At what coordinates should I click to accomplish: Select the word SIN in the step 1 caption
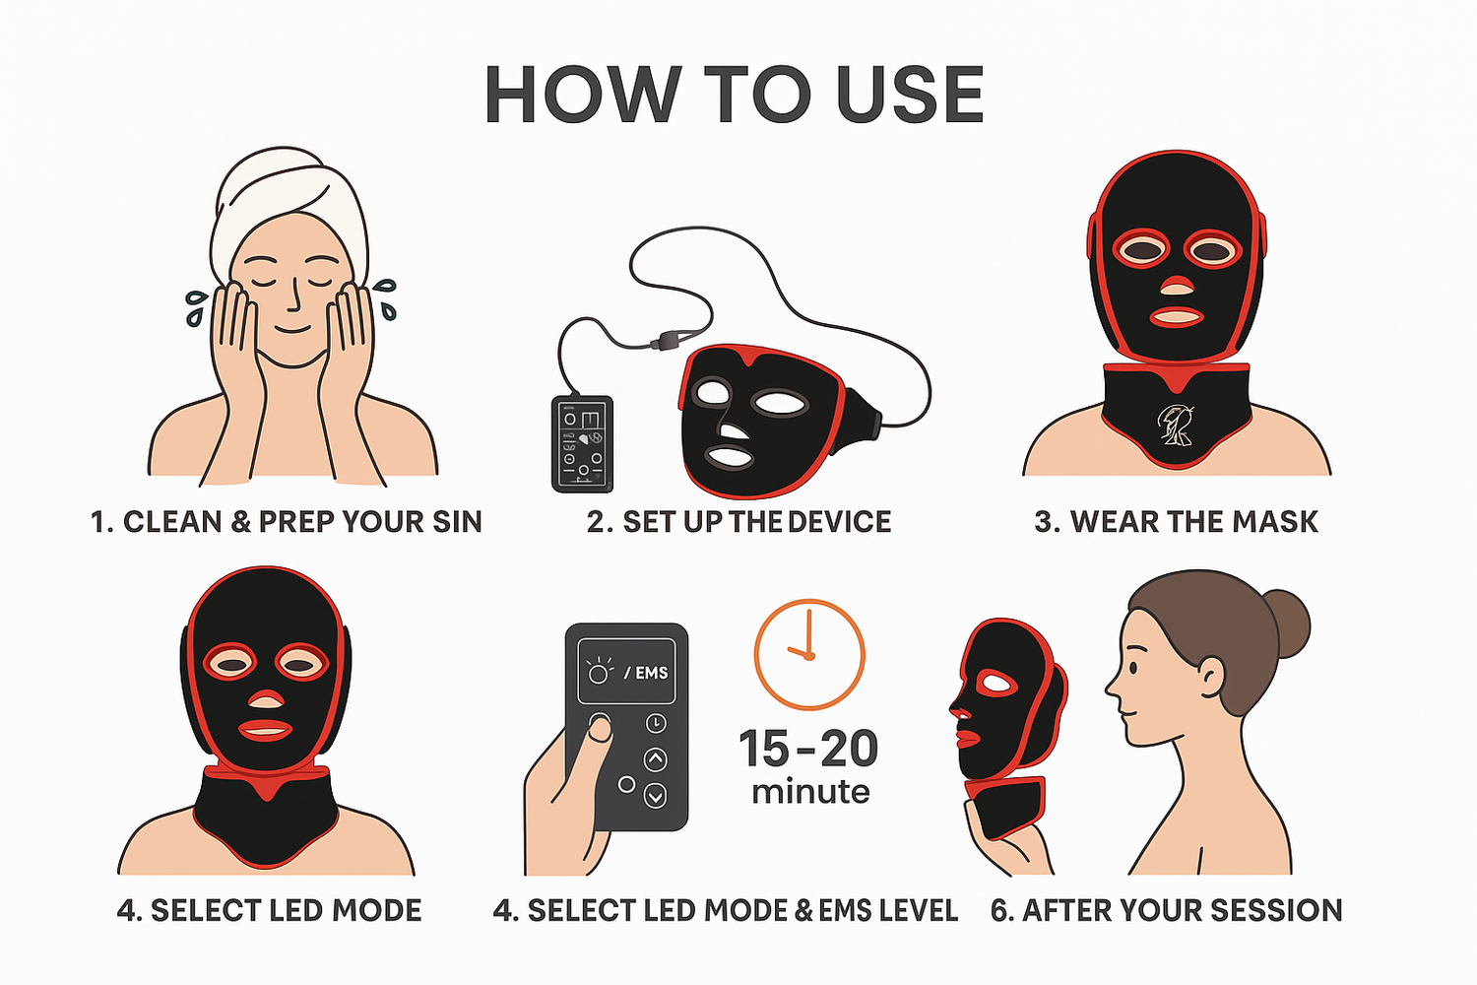pos(457,522)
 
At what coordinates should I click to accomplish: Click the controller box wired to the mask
pos(582,443)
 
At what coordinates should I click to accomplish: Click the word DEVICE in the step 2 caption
pos(838,522)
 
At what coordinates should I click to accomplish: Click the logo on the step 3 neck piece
pos(1174,425)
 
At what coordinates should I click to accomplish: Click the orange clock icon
pos(808,654)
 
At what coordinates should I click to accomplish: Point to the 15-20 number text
pos(808,749)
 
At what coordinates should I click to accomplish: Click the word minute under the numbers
pos(810,792)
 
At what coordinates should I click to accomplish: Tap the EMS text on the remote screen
pos(651,673)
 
